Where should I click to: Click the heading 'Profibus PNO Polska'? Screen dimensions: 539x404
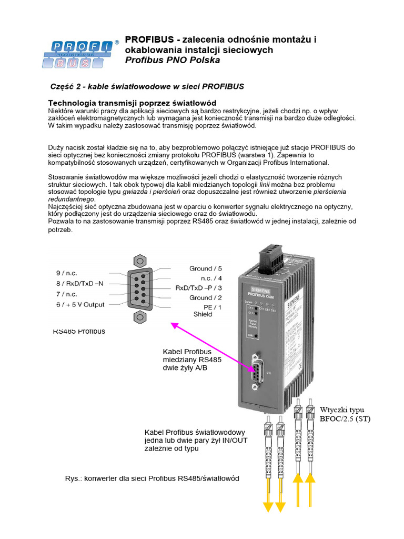point(172,60)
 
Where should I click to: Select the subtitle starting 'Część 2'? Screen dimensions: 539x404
point(147,86)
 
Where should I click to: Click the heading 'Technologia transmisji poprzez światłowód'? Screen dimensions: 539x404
point(132,102)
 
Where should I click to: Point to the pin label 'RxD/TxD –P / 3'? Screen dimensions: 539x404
point(199,288)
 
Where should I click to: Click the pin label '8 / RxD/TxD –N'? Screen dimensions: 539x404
point(80,283)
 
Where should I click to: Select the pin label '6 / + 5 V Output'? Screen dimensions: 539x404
point(80,304)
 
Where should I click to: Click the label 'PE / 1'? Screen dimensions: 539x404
point(213,306)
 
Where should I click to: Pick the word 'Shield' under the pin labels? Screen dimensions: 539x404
point(203,314)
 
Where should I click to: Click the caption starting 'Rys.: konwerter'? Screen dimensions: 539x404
point(152,478)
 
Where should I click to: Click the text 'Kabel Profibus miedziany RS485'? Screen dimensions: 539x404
point(192,355)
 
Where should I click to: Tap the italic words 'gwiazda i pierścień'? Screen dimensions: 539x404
point(149,192)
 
